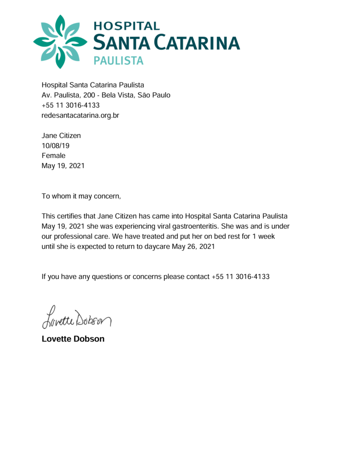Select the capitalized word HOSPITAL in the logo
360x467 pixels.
[126, 26]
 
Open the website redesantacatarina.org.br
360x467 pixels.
[80, 115]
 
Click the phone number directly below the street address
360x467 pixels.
[71, 106]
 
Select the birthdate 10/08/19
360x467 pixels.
[52, 146]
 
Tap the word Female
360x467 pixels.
[53, 156]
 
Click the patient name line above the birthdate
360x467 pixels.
[61, 136]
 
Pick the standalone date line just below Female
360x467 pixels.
[63, 166]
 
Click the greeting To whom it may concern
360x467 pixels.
[81, 196]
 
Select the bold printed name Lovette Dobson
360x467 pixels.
[73, 339]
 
